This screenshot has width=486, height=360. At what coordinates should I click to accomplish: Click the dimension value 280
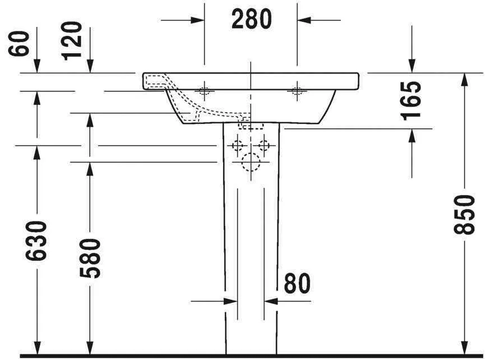click(251, 20)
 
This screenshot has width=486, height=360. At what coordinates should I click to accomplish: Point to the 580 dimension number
click(90, 259)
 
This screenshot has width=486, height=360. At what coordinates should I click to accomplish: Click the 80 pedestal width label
click(297, 284)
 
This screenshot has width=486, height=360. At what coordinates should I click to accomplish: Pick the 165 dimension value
click(412, 100)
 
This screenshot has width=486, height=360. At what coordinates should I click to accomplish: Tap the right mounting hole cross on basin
click(297, 91)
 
